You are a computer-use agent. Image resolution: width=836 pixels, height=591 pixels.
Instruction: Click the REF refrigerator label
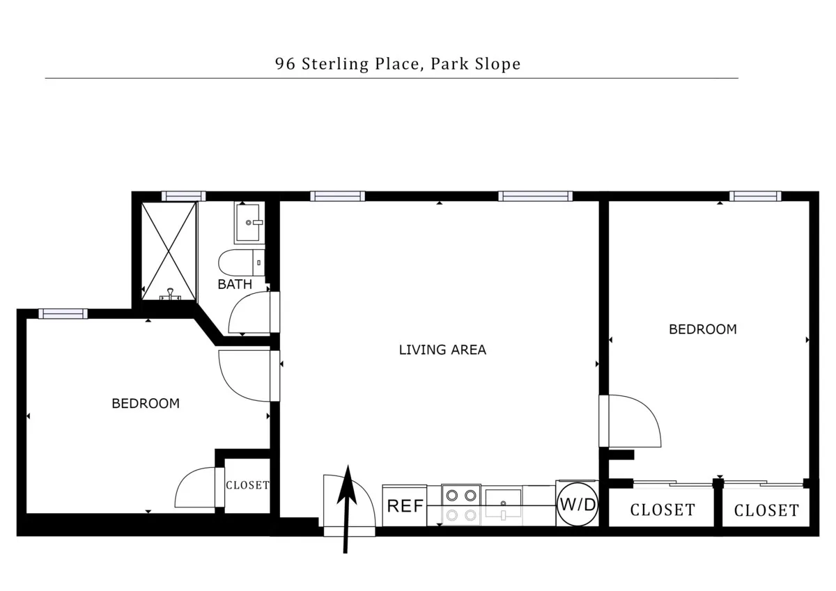[405, 506]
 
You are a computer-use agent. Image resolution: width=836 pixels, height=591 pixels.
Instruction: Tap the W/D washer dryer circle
[577, 504]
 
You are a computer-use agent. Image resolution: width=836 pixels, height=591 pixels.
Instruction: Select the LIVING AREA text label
[442, 349]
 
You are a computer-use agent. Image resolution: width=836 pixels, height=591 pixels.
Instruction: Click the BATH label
[235, 284]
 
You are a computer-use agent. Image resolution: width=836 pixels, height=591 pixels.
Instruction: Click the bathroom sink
[249, 222]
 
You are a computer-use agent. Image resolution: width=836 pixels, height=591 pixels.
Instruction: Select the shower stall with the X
[169, 251]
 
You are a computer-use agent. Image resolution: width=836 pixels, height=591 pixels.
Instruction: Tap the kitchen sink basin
[503, 501]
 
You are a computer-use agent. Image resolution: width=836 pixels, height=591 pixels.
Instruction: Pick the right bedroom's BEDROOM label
[702, 329]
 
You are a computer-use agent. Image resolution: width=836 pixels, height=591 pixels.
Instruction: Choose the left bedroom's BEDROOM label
[146, 403]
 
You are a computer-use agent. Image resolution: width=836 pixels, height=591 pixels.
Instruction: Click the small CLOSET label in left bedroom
[247, 485]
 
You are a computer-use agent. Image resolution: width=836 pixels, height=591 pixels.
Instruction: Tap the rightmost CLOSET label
[766, 510]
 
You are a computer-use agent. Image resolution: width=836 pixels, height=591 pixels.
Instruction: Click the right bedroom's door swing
[630, 420]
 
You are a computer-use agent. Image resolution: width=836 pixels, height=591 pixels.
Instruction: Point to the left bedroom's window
[63, 314]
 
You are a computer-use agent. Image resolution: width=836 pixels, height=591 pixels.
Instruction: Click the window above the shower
[183, 196]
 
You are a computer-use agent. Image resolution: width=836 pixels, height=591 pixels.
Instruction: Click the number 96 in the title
[284, 64]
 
